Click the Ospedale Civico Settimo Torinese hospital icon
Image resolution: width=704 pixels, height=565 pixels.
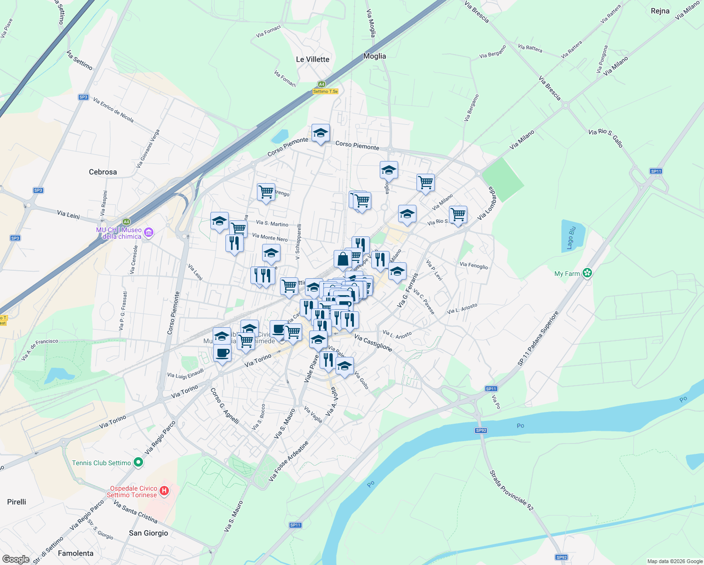click(x=164, y=491)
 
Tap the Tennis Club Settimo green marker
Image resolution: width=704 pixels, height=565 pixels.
click(x=138, y=462)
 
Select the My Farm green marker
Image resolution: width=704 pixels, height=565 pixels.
click(x=587, y=273)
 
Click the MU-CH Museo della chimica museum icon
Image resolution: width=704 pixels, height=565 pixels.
click(x=149, y=232)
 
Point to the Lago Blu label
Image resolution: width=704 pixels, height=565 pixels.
click(x=571, y=238)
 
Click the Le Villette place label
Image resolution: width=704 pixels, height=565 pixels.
click(x=312, y=59)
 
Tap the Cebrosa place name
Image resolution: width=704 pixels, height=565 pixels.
click(x=103, y=172)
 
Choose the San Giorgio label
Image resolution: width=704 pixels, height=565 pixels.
click(x=148, y=533)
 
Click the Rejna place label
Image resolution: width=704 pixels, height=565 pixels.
click(x=660, y=11)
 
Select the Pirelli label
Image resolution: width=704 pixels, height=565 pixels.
click(x=16, y=502)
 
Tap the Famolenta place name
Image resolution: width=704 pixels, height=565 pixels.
click(x=75, y=553)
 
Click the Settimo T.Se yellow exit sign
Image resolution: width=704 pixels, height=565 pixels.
click(x=325, y=91)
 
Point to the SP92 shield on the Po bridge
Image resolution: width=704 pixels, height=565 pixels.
click(x=480, y=430)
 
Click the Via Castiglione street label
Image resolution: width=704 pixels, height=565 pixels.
click(x=373, y=343)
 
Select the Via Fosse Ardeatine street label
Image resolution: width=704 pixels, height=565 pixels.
click(x=288, y=461)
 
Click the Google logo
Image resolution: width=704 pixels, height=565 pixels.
click(x=16, y=559)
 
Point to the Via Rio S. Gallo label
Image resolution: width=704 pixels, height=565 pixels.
click(x=606, y=138)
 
